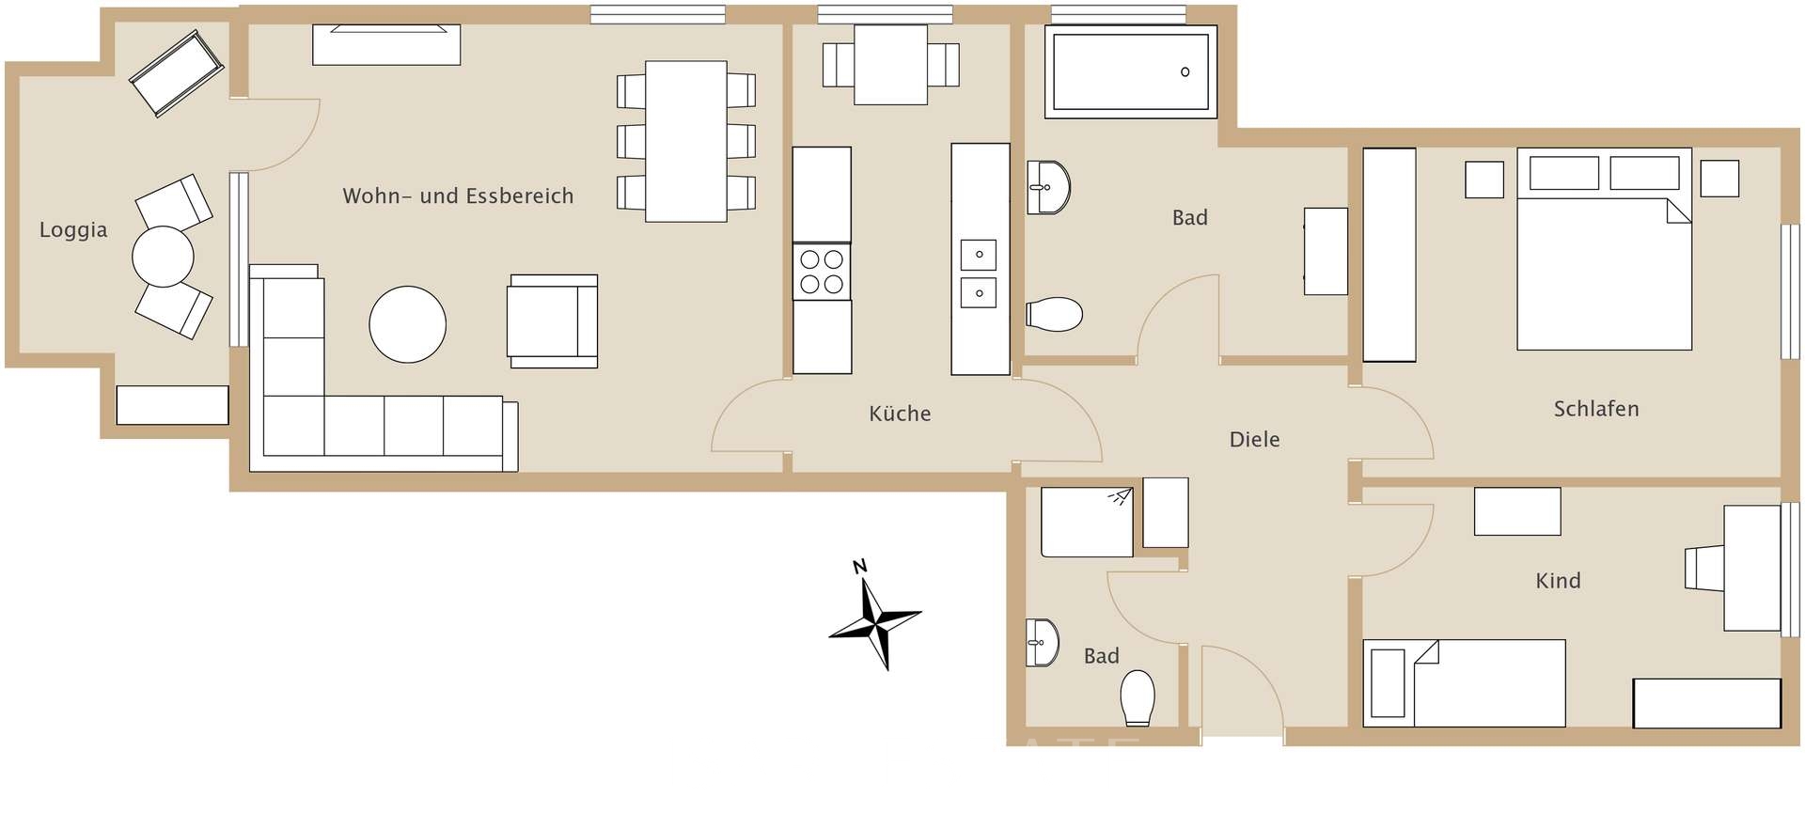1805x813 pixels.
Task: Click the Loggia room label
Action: pos(73,230)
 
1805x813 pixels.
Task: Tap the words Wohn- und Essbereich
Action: pos(458,195)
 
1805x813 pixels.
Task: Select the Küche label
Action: pos(900,414)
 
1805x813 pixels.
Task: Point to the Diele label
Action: pos(1254,439)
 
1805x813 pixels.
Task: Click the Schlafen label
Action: pos(1596,409)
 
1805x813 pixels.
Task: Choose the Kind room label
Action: pos(1558,581)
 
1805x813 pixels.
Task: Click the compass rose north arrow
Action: pos(874,616)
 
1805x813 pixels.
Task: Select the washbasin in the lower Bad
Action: pos(1042,643)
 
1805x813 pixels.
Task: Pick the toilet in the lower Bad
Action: pos(1138,697)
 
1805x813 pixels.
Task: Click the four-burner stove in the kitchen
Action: pos(822,272)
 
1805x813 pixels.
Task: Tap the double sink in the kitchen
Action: pos(980,274)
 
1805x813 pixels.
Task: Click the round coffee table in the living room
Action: pos(407,325)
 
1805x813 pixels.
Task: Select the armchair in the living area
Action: pos(553,321)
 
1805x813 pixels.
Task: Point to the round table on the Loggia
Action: pos(163,257)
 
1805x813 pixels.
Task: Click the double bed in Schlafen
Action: pos(1604,249)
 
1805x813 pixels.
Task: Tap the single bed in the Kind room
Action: pos(1464,683)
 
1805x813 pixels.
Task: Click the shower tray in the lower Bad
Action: pos(1087,522)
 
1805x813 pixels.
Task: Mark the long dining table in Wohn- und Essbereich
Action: pos(686,141)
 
